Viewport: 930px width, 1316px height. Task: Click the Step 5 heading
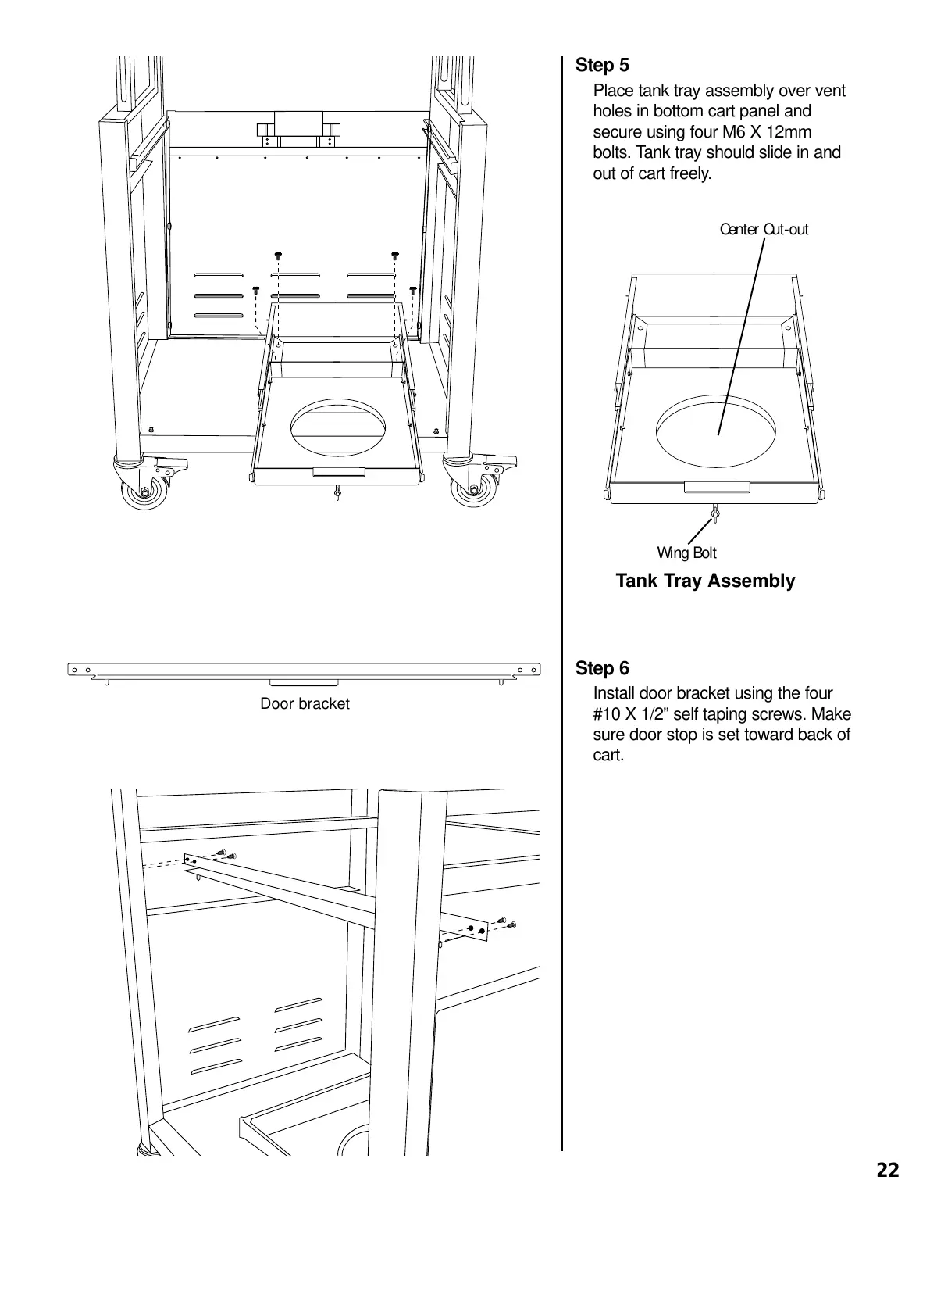coord(602,66)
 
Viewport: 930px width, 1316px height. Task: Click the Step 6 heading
coord(602,669)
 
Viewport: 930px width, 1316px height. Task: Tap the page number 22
coord(888,1171)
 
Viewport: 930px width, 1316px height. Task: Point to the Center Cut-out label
coord(764,230)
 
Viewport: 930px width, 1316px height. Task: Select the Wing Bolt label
coord(686,553)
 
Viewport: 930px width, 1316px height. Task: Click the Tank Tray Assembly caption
coord(705,581)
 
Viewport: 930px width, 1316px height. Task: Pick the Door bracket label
coord(305,704)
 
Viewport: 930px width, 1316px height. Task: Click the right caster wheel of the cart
coord(471,490)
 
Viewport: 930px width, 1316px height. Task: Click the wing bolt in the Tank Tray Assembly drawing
coord(714,514)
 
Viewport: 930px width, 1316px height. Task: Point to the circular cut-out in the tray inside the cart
coord(338,427)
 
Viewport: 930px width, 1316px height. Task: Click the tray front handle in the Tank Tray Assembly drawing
coord(717,488)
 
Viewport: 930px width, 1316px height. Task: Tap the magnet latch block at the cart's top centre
coord(298,128)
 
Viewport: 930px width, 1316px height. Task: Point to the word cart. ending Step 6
coord(609,756)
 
